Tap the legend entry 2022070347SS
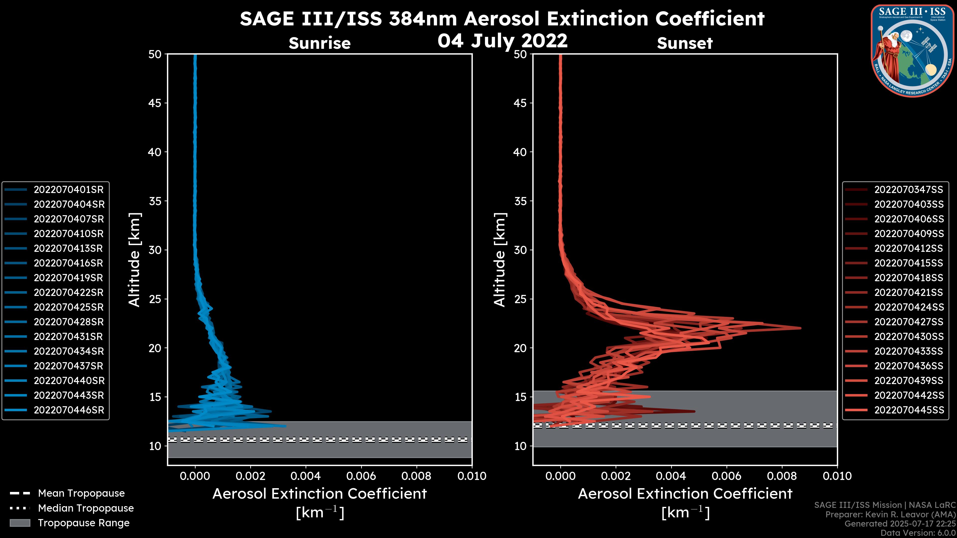[x=908, y=190]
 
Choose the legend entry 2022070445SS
[x=908, y=410]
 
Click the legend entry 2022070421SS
[x=908, y=293]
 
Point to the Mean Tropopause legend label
[x=81, y=493]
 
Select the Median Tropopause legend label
[x=86, y=508]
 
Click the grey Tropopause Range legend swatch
[x=20, y=523]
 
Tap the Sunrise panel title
[x=319, y=43]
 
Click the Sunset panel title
[x=685, y=43]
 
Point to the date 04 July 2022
[x=502, y=41]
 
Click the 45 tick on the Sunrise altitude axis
[x=155, y=103]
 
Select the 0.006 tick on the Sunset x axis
[x=726, y=476]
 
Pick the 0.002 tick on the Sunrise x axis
[x=250, y=476]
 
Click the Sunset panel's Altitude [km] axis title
[x=500, y=260]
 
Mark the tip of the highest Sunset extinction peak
[x=800, y=328]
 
